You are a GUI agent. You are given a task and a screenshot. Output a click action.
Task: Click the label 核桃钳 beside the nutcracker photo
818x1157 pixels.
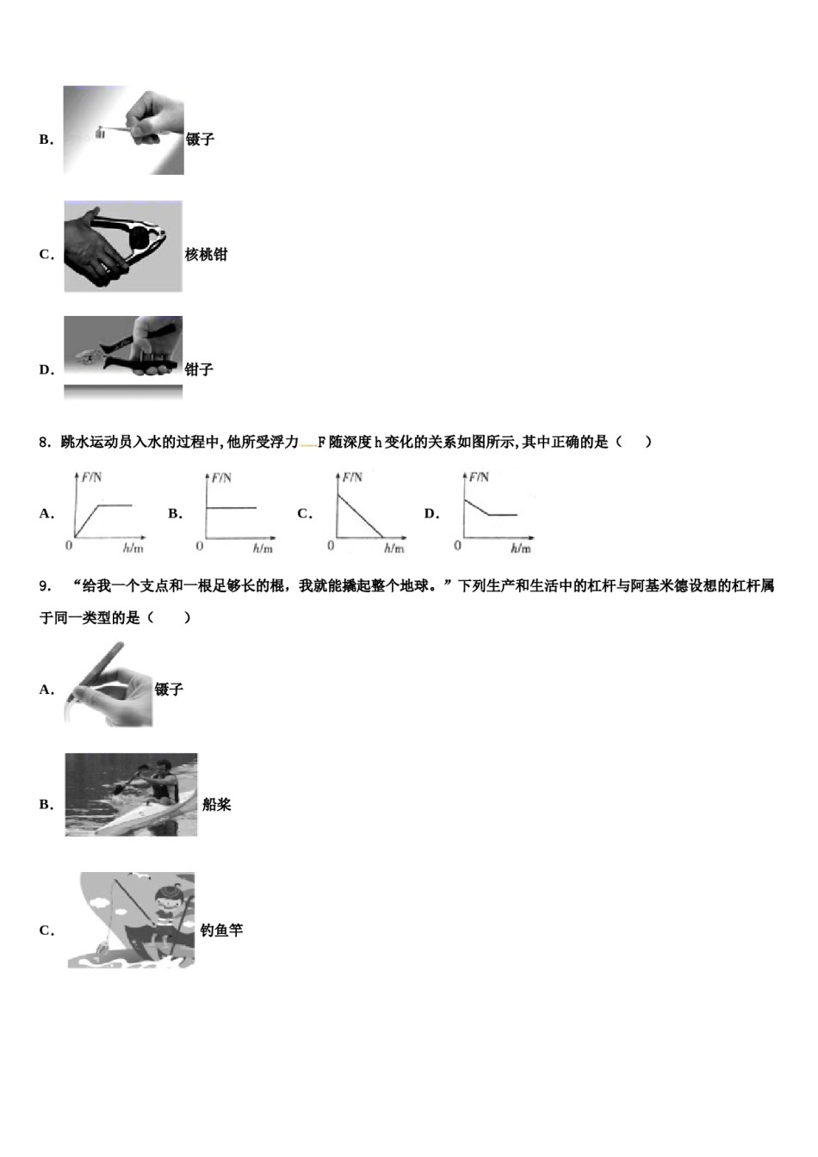(x=206, y=255)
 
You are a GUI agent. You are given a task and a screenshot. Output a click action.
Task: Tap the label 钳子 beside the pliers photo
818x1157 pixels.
(x=199, y=369)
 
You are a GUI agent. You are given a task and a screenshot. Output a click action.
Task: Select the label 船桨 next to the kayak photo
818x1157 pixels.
(x=217, y=805)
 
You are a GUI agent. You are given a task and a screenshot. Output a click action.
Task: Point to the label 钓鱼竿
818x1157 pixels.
(x=221, y=931)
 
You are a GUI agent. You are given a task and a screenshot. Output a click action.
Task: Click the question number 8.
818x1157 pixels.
(x=44, y=442)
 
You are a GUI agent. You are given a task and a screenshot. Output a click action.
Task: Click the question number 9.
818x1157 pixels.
(x=44, y=586)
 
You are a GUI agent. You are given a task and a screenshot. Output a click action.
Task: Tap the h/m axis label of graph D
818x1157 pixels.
(x=520, y=548)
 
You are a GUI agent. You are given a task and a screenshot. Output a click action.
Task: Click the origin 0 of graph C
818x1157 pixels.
(x=331, y=546)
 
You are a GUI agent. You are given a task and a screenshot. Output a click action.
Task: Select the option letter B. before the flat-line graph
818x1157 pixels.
(x=175, y=514)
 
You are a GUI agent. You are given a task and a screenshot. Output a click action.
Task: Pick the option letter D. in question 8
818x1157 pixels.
(x=431, y=514)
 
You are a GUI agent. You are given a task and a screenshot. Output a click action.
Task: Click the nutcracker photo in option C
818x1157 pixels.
(x=123, y=247)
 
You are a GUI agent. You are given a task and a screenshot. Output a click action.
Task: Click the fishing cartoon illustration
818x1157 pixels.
(x=132, y=919)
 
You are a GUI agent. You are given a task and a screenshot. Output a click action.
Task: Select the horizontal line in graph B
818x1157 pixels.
(x=231, y=508)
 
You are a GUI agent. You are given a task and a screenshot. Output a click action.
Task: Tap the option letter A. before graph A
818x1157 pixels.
(x=46, y=514)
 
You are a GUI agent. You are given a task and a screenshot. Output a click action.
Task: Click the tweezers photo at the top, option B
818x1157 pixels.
(x=123, y=130)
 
